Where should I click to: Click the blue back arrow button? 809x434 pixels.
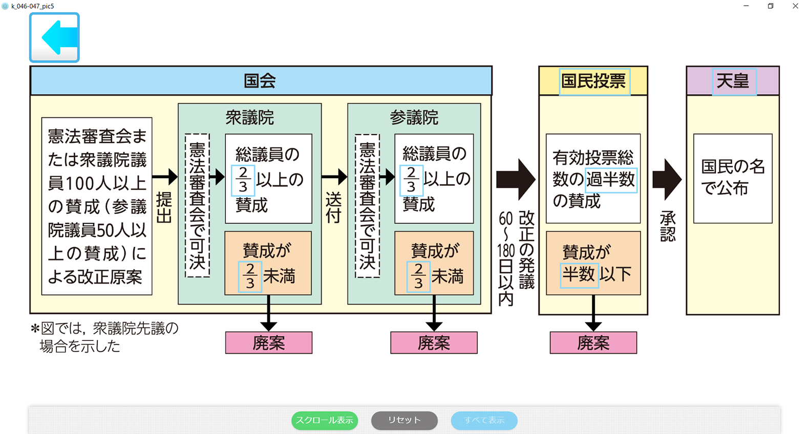[54, 37]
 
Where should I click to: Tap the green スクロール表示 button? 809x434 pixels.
[325, 420]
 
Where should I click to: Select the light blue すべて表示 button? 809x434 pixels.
[484, 420]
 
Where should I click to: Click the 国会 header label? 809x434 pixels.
[260, 81]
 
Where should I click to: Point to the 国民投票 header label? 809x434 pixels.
[593, 81]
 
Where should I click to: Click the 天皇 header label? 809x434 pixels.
[733, 81]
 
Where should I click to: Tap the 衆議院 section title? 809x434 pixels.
[250, 118]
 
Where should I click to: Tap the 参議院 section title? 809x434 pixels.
[414, 118]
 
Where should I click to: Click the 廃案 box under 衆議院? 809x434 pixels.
[269, 343]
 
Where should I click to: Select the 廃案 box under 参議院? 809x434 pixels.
[434, 343]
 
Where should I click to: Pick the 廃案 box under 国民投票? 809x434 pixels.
[593, 343]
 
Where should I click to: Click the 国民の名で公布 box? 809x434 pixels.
[733, 178]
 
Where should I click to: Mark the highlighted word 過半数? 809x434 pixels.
[611, 180]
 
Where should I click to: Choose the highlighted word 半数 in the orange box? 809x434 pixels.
[579, 275]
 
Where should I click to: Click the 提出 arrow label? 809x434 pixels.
[164, 208]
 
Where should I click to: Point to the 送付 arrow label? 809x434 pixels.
[333, 208]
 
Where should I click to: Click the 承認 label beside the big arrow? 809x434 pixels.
[668, 226]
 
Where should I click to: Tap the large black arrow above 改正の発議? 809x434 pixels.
[516, 179]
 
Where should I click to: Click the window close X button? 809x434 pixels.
[795, 6]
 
